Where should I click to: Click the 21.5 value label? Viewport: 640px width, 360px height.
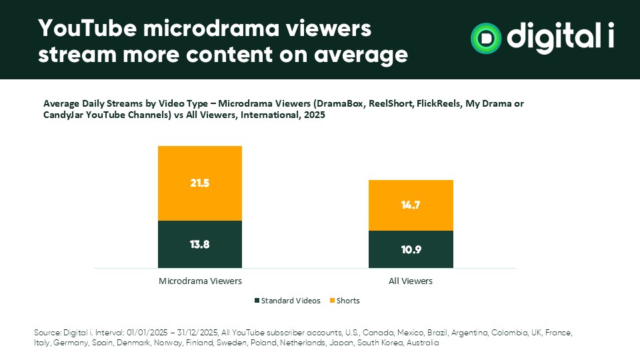tap(200, 183)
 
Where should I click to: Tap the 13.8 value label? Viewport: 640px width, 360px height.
tap(200, 244)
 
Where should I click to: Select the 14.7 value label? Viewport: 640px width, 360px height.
tap(411, 205)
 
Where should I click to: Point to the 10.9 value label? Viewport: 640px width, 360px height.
tap(411, 250)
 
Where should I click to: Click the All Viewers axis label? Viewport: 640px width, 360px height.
tap(411, 281)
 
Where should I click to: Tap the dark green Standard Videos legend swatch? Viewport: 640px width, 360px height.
tap(257, 301)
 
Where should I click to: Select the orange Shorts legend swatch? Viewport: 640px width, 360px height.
tap(332, 301)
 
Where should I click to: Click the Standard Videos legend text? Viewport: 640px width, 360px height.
tap(291, 301)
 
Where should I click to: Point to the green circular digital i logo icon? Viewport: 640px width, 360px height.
tap(486, 37)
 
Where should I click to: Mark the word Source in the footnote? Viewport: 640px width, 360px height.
tap(46, 332)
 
